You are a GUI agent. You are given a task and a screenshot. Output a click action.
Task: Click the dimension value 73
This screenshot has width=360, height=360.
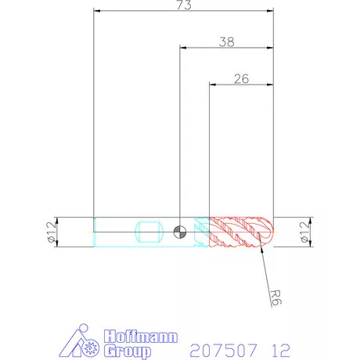pyautogui.click(x=184, y=5)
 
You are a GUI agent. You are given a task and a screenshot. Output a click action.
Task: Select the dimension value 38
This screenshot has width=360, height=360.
pyautogui.click(x=226, y=42)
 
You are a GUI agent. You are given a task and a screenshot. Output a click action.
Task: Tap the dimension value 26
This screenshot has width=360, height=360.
pyautogui.click(x=241, y=79)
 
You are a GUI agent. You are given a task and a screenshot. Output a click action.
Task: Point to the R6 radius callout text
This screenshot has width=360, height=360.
pyautogui.click(x=276, y=297)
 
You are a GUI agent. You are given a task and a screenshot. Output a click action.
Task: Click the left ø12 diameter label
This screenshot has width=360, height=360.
pyautogui.click(x=52, y=232)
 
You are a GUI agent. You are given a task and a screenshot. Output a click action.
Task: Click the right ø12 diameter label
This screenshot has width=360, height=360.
pyautogui.click(x=304, y=232)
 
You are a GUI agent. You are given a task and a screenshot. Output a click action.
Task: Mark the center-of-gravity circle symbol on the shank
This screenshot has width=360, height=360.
pyautogui.click(x=180, y=232)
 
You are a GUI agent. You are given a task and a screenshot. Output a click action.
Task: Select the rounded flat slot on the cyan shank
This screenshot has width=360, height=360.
pyautogui.click(x=149, y=232)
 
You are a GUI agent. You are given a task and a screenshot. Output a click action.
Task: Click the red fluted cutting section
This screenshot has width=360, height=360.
pyautogui.click(x=237, y=232)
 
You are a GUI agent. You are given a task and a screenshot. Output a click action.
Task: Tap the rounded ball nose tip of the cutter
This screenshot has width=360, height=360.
pyautogui.click(x=268, y=232)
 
